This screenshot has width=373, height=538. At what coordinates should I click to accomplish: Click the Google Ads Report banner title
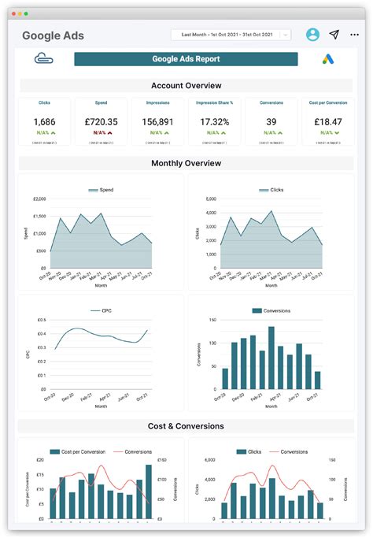click(186, 59)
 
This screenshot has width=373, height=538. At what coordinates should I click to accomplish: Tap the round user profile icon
click(313, 35)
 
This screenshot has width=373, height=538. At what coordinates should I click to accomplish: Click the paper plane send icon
click(334, 35)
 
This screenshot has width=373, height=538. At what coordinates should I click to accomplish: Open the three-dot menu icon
click(355, 35)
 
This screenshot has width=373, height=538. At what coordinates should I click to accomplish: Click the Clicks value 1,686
click(44, 121)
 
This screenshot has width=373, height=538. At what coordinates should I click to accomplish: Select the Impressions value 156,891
click(157, 121)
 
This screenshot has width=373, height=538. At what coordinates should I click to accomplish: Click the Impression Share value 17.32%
click(215, 121)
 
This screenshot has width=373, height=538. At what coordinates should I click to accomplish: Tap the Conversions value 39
click(271, 121)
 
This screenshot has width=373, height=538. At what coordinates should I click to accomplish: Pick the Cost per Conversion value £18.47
click(328, 121)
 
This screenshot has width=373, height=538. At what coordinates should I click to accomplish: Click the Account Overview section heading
click(186, 85)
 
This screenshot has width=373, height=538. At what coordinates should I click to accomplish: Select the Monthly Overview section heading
click(186, 163)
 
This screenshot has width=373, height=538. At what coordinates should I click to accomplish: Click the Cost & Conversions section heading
click(186, 426)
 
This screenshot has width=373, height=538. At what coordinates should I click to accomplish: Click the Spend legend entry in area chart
click(101, 190)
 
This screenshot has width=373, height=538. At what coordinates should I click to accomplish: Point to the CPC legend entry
click(101, 311)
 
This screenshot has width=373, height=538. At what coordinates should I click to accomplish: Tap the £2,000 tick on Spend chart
click(37, 199)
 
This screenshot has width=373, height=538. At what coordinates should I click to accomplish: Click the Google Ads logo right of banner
click(328, 59)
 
